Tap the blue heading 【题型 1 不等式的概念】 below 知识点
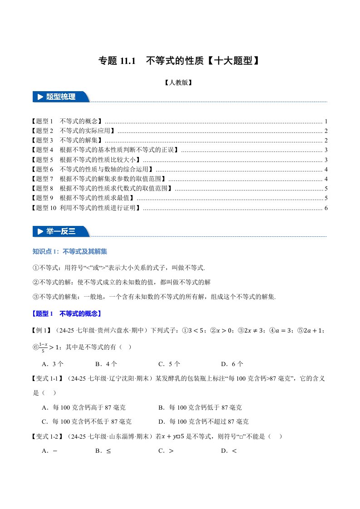click(67, 313)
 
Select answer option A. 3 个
click(52, 363)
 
